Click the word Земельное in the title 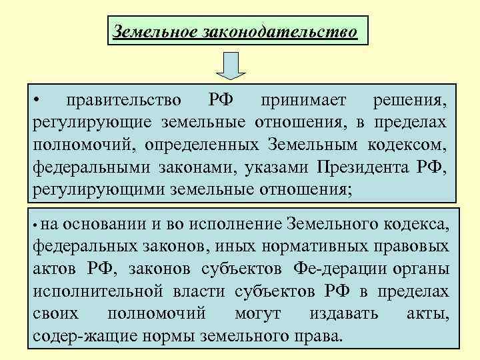pyautogui.click(x=154, y=31)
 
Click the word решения pyautogui.click(x=410, y=101)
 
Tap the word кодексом pyautogui.click(x=407, y=145)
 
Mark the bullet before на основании pyautogui.click(x=38, y=224)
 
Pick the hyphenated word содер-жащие pyautogui.click(x=79, y=335)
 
